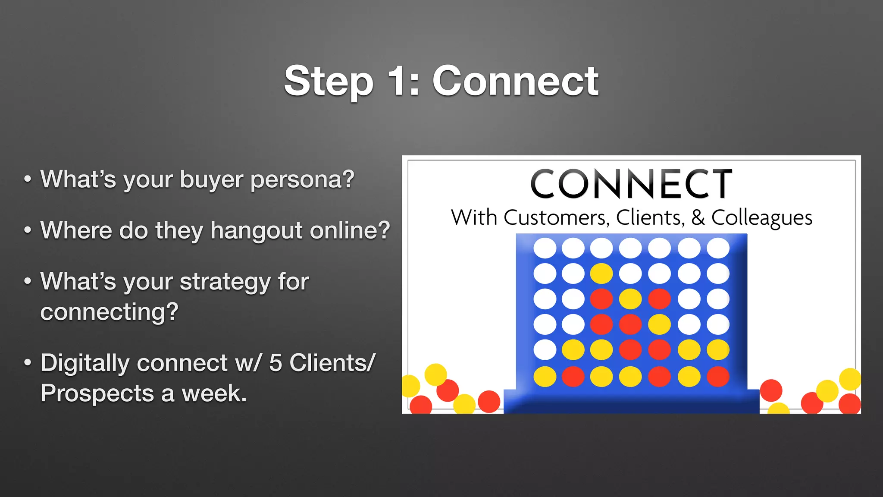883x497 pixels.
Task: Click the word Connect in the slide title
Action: coord(515,81)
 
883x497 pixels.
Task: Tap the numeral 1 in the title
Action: coord(399,81)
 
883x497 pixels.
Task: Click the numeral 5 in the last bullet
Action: coord(276,363)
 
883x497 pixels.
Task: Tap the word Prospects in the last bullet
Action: coord(97,393)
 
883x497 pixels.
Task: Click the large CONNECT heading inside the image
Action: coord(631,184)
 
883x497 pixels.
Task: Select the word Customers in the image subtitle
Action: coord(556,217)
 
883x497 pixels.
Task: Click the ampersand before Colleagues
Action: coord(698,217)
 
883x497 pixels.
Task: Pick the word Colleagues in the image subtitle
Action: coord(762,218)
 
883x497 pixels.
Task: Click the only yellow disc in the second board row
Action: coord(601,274)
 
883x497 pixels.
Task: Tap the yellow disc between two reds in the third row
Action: coord(630,299)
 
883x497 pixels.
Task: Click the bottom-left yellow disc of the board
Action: coord(545,376)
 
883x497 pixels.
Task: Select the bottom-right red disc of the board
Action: coord(718,376)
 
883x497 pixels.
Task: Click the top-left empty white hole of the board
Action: coord(545,248)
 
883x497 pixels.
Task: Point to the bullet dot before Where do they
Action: coord(28,230)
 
